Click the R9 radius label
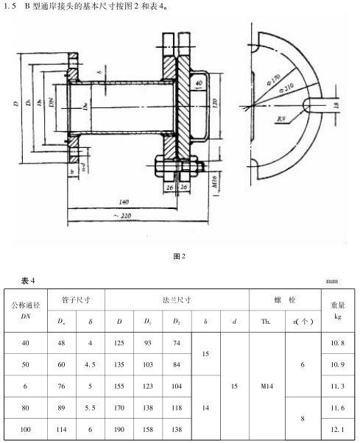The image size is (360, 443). click(x=280, y=118)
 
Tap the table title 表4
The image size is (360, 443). click(x=27, y=280)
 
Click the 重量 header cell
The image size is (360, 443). click(x=337, y=303)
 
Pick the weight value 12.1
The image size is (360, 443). click(x=337, y=428)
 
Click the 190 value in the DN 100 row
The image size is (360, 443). click(x=119, y=428)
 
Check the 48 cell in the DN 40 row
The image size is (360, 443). click(x=61, y=344)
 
